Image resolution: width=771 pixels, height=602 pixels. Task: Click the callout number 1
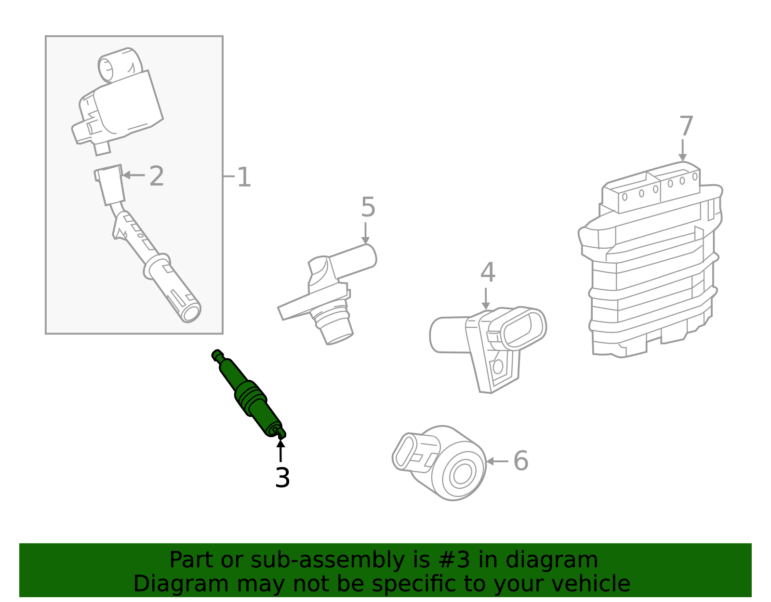(244, 177)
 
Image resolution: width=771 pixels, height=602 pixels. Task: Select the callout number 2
(157, 176)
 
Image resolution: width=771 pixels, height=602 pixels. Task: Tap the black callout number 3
(282, 478)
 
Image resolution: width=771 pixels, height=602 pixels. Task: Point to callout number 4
(488, 273)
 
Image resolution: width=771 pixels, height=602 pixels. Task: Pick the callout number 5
(368, 207)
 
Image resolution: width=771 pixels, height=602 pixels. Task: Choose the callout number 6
(520, 461)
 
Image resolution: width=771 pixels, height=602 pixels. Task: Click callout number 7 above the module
(686, 126)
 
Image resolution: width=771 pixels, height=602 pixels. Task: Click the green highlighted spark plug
(248, 394)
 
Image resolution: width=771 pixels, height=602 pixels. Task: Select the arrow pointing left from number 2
(133, 175)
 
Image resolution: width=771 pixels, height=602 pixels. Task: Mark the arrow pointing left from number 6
(497, 461)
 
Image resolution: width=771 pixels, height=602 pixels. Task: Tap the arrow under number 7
(682, 150)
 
